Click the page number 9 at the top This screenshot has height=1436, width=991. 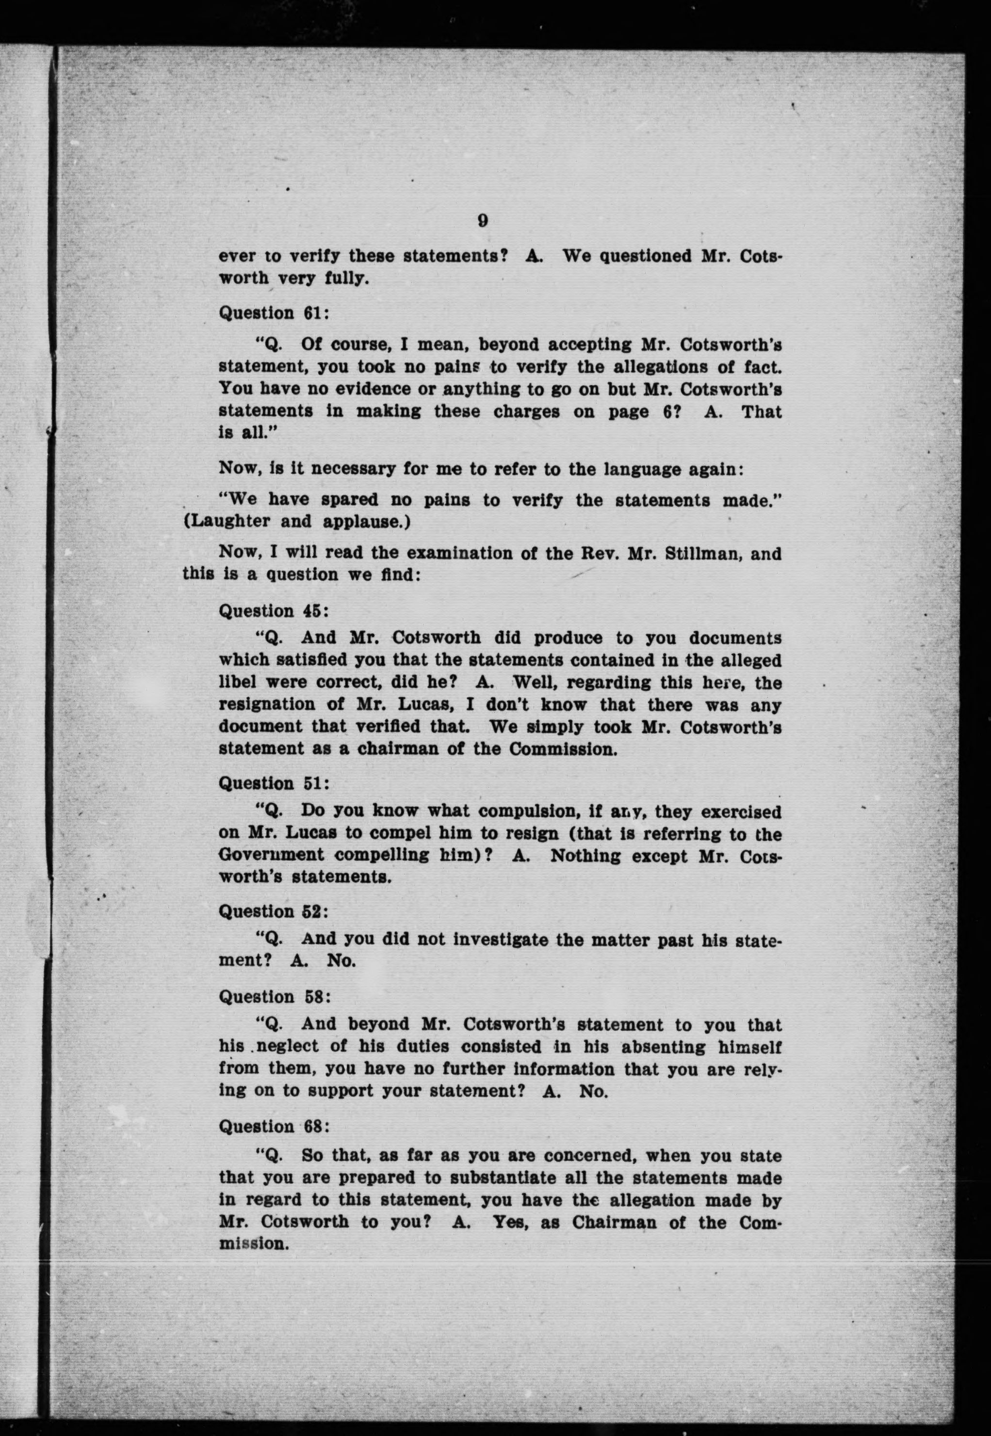[483, 221]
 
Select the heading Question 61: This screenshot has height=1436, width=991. [273, 313]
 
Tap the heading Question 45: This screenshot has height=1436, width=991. [273, 612]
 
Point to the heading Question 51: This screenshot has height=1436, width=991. [273, 784]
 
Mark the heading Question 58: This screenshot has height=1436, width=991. [273, 997]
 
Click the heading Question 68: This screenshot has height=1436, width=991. [273, 1127]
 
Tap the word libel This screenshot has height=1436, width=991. [236, 682]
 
